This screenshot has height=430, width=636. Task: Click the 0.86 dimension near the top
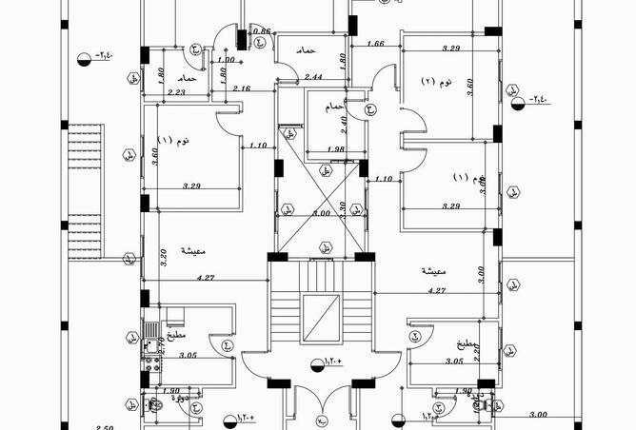point(264,31)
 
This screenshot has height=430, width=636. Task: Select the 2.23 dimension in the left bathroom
point(176,92)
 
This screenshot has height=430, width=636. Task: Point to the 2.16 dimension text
point(241,88)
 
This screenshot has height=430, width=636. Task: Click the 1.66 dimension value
point(374,44)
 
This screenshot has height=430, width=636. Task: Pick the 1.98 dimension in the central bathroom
point(334,148)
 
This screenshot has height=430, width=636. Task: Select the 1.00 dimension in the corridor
point(226,61)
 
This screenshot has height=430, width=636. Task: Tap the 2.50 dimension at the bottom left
point(104,427)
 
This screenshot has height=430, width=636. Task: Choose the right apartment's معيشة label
point(438,271)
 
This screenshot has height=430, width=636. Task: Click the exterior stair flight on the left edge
point(84,190)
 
